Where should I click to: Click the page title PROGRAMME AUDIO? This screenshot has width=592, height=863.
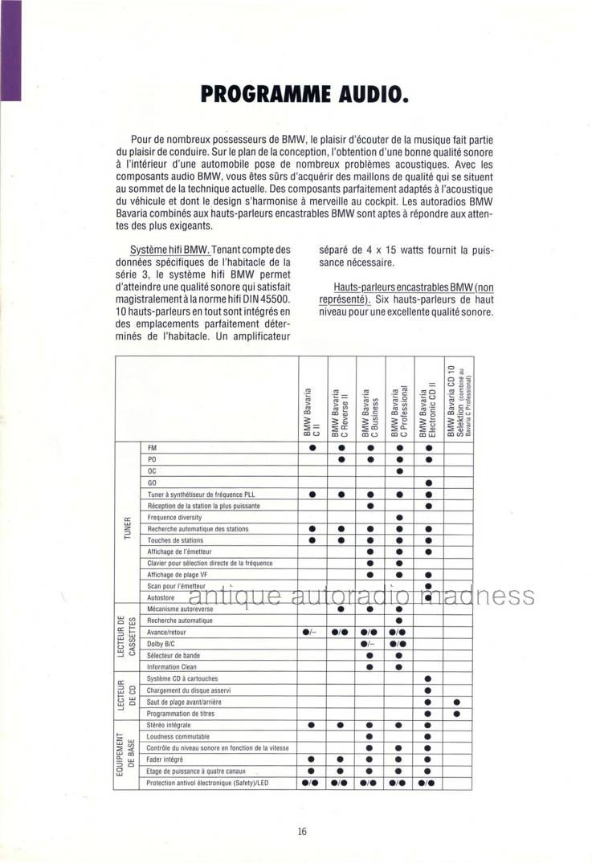pyautogui.click(x=306, y=94)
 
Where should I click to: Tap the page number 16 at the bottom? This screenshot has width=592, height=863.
pyautogui.click(x=301, y=831)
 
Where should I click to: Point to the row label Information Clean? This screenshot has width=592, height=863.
pyautogui.click(x=172, y=667)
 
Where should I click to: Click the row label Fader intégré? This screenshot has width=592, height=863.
pyautogui.click(x=165, y=759)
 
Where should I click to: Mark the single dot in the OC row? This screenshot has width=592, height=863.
pyautogui.click(x=399, y=470)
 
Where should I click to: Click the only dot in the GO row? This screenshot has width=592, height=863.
pyautogui.click(x=428, y=482)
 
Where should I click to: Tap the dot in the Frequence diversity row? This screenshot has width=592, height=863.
pyautogui.click(x=399, y=518)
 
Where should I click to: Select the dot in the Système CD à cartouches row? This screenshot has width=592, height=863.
pyautogui.click(x=428, y=679)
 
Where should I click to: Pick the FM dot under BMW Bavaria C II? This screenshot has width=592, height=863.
pyautogui.click(x=312, y=447)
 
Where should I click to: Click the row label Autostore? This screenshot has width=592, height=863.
pyautogui.click(x=161, y=597)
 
